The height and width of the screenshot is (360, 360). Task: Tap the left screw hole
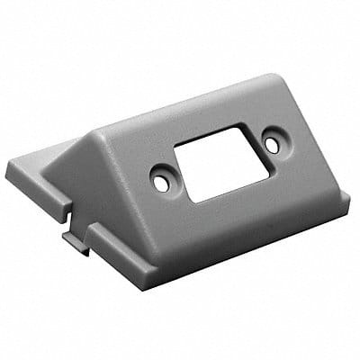pos(161,181)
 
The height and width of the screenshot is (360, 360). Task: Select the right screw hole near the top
pos(271,142)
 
